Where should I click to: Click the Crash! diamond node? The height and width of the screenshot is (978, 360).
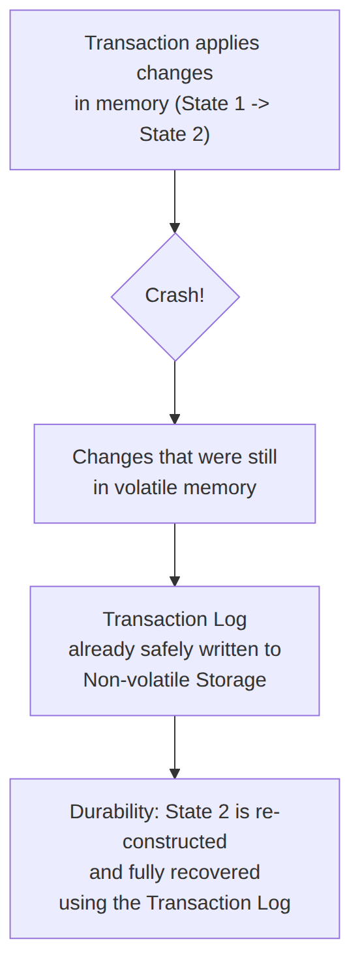coord(175,297)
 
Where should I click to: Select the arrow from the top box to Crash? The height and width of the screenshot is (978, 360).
coord(175,201)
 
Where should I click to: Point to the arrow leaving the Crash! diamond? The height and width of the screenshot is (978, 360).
coord(175,393)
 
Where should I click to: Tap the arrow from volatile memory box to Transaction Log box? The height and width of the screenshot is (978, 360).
coord(175,554)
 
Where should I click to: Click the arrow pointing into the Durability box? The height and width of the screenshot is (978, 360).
coord(175,747)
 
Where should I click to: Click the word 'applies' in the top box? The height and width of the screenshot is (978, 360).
coord(227,44)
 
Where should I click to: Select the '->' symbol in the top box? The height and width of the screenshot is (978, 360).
coord(260,104)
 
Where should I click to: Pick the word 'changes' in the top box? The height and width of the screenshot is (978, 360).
coord(175,73)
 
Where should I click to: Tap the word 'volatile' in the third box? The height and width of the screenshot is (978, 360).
coord(146,487)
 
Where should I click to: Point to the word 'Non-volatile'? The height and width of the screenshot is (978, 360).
coord(137,680)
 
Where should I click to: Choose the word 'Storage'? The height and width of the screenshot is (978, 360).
coord(231,680)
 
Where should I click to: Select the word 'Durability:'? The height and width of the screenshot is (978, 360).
coord(115,812)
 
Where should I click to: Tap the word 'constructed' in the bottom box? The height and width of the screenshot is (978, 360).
coord(175,842)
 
